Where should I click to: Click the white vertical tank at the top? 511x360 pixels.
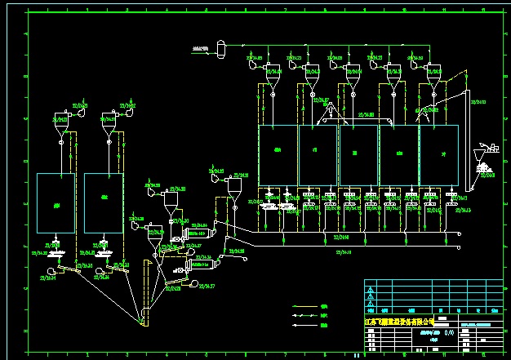pyautogui.click(x=219, y=48)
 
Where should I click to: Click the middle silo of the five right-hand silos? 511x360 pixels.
pyautogui.click(x=358, y=155)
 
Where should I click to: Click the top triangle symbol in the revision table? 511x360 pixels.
pyautogui.click(x=371, y=288)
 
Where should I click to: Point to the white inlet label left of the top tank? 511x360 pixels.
pyautogui.click(x=198, y=48)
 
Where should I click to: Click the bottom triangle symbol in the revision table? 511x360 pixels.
pyautogui.click(x=371, y=309)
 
